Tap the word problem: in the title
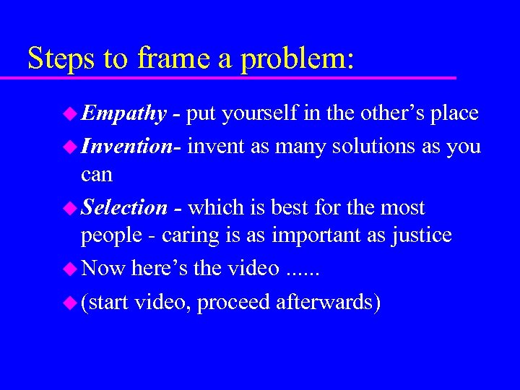[x=298, y=58]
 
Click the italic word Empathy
[x=123, y=113]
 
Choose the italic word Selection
[x=124, y=208]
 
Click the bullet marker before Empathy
[x=70, y=113]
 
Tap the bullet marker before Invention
[x=70, y=146]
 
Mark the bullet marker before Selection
[x=70, y=208]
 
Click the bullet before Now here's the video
[x=70, y=269]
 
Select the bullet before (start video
[x=70, y=302]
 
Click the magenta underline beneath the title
[x=238, y=77]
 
